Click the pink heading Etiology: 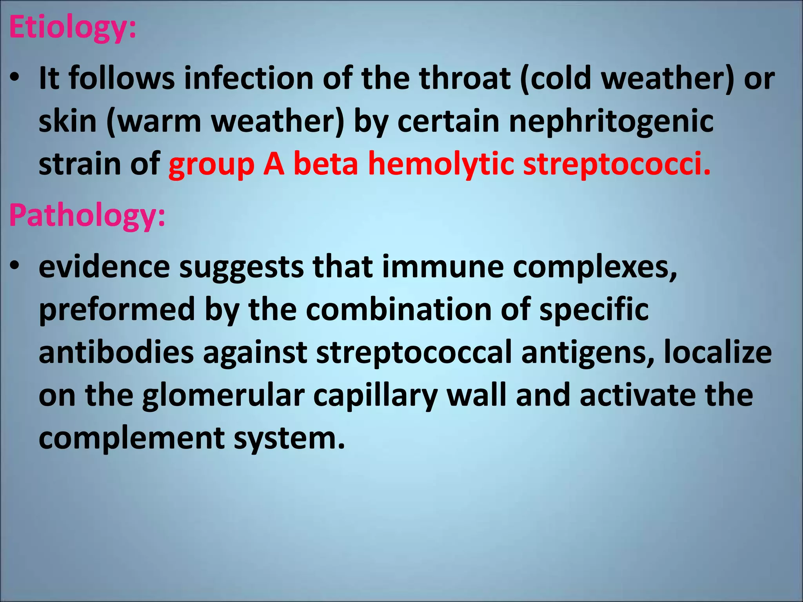73,28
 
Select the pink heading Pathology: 87,216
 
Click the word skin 67,121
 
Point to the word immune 443,267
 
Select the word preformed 117,310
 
